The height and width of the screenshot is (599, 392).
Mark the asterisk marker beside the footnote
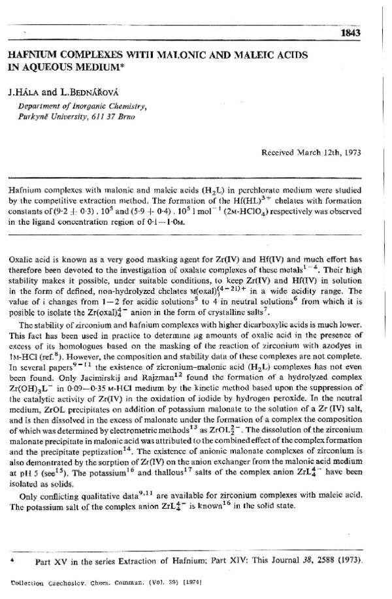tap(11, 561)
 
